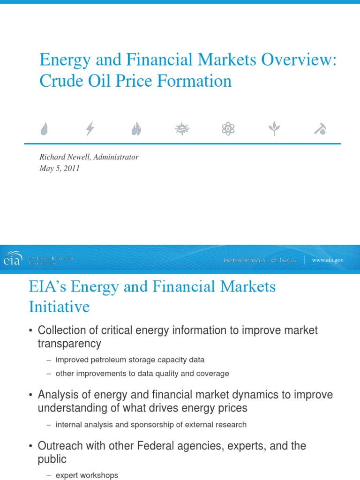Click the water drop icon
45,128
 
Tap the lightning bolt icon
90,128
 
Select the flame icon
136,128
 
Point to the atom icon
227,128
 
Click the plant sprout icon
273,128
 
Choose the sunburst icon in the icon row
182,128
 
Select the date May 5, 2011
60,169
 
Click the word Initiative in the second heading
59,307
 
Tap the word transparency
69,344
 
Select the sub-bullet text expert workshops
87,475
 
